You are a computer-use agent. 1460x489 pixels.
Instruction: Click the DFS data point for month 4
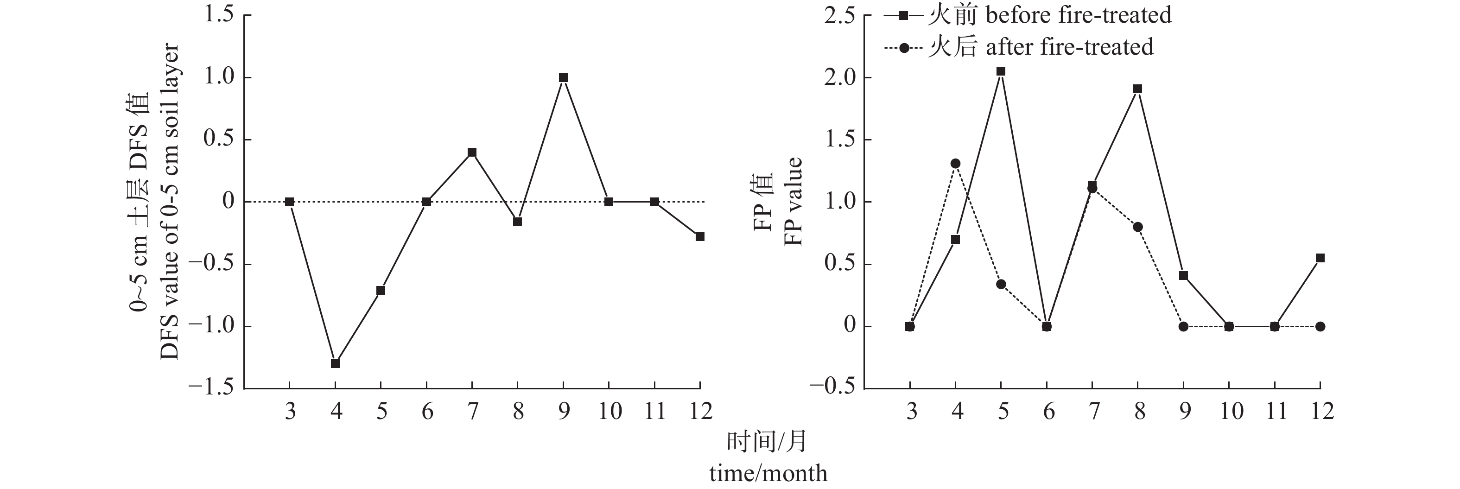point(335,363)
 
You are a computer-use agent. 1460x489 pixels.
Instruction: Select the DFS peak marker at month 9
point(563,77)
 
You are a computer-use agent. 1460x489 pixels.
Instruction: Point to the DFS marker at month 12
point(700,236)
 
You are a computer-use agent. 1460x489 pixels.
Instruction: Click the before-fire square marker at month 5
point(1001,71)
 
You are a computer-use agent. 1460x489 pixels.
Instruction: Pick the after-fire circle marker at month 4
point(956,164)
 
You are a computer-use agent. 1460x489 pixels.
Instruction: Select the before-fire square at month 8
point(1137,89)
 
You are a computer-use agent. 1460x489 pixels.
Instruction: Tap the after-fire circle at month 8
point(1137,227)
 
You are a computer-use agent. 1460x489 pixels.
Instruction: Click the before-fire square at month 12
point(1320,258)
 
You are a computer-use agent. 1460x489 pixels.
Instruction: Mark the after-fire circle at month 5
point(1001,284)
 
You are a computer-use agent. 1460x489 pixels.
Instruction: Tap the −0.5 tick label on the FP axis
point(832,388)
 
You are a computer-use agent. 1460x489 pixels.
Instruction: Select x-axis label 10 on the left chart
point(609,411)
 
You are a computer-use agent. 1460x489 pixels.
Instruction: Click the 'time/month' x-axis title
point(768,473)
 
